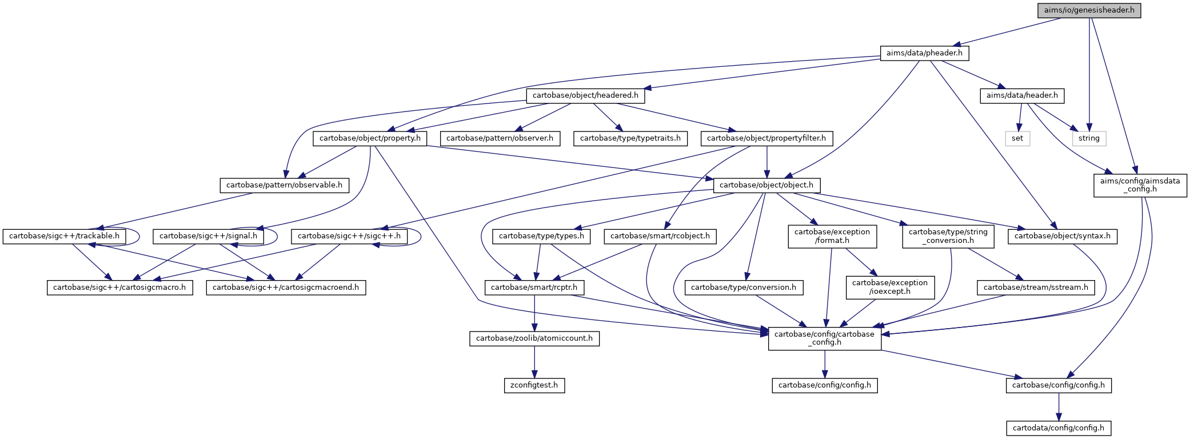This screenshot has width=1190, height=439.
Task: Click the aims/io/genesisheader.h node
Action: (1089, 10)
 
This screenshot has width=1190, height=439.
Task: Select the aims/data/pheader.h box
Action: (924, 53)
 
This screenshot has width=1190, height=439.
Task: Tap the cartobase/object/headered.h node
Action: (585, 95)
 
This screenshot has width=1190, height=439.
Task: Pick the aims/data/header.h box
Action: (1022, 95)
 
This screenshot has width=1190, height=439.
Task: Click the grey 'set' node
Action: (1017, 138)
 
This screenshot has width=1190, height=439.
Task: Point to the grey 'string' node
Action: (1089, 138)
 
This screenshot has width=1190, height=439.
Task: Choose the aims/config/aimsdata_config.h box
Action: (1140, 185)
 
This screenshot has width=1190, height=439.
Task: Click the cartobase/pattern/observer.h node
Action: (500, 138)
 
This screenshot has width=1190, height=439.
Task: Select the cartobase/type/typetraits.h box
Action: (630, 138)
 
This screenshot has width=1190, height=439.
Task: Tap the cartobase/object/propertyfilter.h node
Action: (766, 138)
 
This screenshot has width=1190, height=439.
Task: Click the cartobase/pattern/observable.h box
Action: (284, 185)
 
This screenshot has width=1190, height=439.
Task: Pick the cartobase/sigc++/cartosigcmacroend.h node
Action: (286, 288)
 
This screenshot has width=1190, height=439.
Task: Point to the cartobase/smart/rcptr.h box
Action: (534, 288)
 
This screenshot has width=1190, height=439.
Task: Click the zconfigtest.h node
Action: (534, 385)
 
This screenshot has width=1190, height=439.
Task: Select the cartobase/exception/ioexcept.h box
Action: (890, 288)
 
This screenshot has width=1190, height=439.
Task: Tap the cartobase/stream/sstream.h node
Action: (1036, 288)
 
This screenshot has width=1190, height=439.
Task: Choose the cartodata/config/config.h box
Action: (1059, 428)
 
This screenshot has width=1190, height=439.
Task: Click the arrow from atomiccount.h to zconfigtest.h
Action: (534, 362)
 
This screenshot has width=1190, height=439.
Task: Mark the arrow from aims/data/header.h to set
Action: (1020, 117)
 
